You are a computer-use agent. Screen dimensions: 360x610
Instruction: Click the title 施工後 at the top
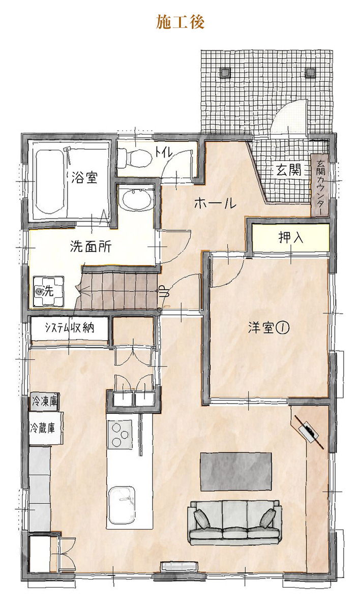pos(180,22)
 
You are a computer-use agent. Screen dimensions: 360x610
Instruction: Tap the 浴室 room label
pos(84,177)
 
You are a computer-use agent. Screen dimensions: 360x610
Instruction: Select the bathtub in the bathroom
pos(51,181)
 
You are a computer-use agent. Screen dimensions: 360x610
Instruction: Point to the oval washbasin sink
pos(136,200)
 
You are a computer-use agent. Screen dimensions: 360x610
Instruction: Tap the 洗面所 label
pos(91,247)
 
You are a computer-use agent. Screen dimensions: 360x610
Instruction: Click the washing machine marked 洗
pos(48,292)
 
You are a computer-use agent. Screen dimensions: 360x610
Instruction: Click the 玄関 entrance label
pos(288,170)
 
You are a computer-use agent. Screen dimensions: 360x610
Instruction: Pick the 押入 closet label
pos(290,237)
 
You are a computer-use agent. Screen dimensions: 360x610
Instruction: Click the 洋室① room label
pos(268,328)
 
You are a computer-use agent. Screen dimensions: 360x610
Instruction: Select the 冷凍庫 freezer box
pos(44,402)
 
